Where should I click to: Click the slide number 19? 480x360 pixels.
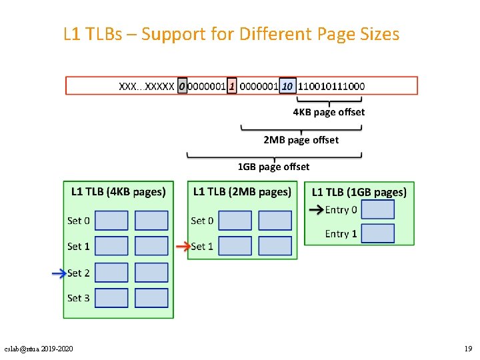pos(468,349)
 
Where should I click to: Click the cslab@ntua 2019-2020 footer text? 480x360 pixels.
pos(39,349)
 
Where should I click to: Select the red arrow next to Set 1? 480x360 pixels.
pos(182,246)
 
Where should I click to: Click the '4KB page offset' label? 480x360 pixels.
pos(329,112)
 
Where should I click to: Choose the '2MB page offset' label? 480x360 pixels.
pos(301,139)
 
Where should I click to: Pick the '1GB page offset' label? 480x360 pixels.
pos(273,166)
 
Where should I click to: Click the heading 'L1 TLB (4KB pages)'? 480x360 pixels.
pos(118,192)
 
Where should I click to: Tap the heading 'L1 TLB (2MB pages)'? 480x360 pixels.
pos(242,192)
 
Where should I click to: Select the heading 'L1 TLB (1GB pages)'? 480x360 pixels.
pos(359,192)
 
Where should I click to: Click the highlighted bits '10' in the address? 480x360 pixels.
pos(288,86)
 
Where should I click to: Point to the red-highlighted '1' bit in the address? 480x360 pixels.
pos(232,86)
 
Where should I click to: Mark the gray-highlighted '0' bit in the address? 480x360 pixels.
pos(182,86)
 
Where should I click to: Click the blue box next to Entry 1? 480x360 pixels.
pos(377,233)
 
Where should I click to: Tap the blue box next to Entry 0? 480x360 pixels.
pos(377,209)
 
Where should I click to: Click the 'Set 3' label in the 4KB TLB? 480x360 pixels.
pos(78,298)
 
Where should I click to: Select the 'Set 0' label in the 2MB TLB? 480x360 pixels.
pos(202,220)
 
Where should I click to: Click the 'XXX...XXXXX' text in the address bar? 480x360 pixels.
pos(147,86)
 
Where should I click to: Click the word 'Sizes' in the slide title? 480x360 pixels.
pos(377,33)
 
